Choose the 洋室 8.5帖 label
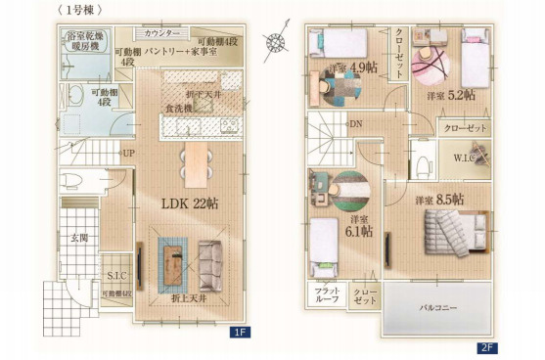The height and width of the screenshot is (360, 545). tap(439, 200)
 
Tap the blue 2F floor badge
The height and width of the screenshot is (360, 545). tap(486, 346)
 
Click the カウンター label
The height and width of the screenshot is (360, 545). tap(161, 33)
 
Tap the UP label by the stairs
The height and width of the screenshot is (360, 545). tap(128, 154)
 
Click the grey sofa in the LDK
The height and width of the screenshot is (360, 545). tap(210, 262)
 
